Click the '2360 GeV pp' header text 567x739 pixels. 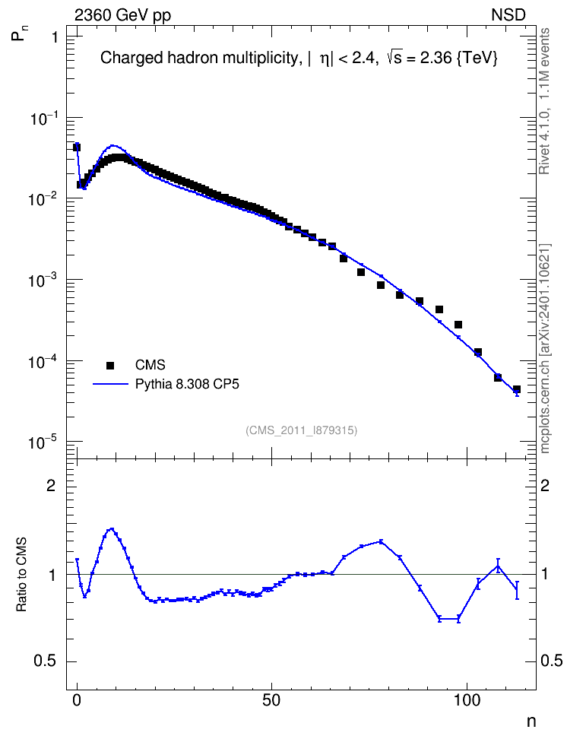[x=122, y=15]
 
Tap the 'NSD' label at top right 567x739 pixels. [x=508, y=15]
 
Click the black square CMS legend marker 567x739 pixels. [x=110, y=365]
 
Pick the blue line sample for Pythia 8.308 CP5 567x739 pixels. [x=110, y=385]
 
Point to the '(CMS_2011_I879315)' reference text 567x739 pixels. [x=301, y=430]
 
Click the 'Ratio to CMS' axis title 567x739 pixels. [x=21, y=575]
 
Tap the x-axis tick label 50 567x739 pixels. [x=271, y=700]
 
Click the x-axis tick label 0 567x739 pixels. [x=77, y=700]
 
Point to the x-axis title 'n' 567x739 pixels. [x=531, y=722]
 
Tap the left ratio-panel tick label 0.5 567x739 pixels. [x=45, y=661]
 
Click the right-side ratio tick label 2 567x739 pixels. [x=545, y=485]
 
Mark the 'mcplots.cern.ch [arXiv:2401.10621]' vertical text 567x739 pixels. [x=545, y=349]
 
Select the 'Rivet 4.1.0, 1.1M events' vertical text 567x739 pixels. [x=544, y=101]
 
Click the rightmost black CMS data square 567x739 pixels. [x=517, y=389]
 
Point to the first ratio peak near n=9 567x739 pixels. [x=112, y=529]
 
